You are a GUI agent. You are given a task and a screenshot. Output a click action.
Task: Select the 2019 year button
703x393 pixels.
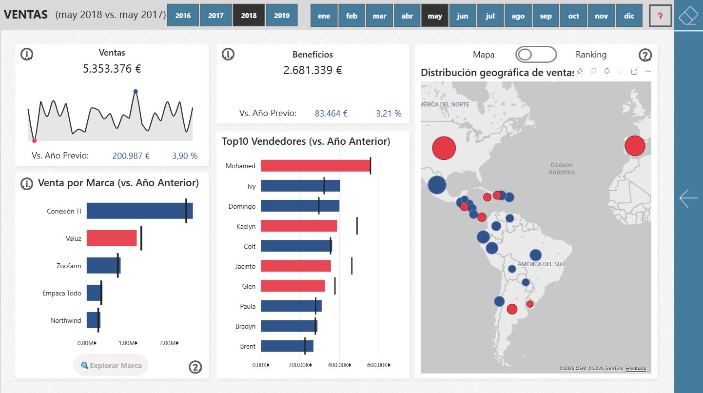point(281,16)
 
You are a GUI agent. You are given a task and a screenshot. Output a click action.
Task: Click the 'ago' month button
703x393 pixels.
point(518,16)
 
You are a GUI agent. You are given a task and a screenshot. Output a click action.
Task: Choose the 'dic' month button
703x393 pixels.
point(629,16)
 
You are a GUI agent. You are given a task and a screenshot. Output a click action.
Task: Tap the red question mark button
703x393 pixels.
point(660,16)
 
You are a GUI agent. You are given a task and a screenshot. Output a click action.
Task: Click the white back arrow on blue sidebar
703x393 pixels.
point(688,198)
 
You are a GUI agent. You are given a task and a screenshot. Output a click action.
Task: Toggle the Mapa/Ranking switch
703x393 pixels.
point(536,55)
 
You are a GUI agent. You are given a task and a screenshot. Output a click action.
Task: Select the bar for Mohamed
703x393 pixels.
point(315,166)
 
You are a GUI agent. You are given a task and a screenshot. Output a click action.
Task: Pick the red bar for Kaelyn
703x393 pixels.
point(298,226)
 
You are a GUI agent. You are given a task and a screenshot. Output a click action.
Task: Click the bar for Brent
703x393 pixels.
point(287,346)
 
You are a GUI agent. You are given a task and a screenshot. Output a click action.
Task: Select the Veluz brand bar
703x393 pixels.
point(111,238)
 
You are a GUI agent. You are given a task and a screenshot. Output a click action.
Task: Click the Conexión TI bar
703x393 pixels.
point(139,211)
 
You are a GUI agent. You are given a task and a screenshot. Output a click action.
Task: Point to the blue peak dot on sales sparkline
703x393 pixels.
point(136,92)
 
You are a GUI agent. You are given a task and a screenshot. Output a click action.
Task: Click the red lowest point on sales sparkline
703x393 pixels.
point(34,141)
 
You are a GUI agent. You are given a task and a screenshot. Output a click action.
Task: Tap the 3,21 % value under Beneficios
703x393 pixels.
point(389,114)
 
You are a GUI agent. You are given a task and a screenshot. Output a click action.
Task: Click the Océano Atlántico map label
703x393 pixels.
point(561,168)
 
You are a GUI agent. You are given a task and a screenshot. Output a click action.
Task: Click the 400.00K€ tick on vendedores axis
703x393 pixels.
point(339,365)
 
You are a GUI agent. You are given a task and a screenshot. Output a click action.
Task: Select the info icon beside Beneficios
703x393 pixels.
point(228,55)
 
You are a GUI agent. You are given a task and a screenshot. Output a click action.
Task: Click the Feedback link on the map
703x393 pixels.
point(636,369)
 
